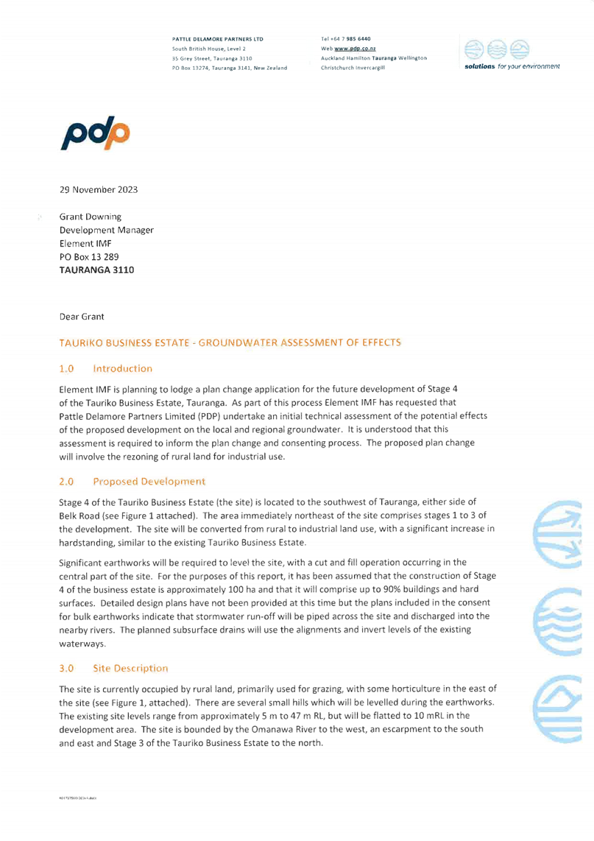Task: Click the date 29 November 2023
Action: (x=98, y=189)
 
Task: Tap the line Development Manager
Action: (x=106, y=231)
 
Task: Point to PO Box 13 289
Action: (x=88, y=257)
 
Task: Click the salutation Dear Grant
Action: (x=82, y=317)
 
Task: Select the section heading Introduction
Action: (x=123, y=368)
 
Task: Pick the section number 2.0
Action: (x=67, y=482)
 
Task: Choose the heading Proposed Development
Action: (x=149, y=482)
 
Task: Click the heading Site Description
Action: (x=130, y=669)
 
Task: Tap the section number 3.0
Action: (x=67, y=669)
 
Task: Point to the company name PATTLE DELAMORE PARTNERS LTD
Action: (x=219, y=38)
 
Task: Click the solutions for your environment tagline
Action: (x=511, y=66)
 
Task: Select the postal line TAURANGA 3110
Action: (x=96, y=270)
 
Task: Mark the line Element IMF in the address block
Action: (x=85, y=244)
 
